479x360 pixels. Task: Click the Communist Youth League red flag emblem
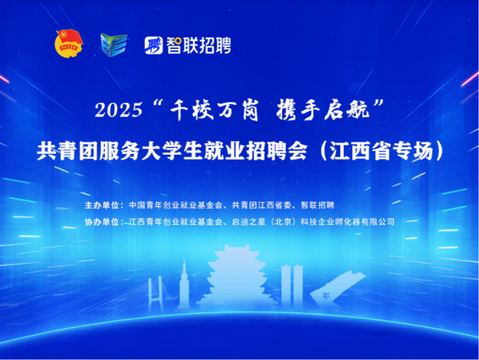69,43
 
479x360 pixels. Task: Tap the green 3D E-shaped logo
113,45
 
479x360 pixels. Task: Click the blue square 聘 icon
154,45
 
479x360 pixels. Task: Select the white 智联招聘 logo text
198,45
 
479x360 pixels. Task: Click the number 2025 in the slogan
119,110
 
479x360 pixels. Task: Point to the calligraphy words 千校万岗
214,110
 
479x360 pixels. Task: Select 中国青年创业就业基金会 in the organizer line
176,206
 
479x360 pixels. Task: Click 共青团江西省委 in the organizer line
262,206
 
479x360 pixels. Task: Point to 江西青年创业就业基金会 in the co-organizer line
176,222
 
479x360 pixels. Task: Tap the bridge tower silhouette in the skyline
155,293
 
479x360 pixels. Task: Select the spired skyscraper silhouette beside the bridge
184,285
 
